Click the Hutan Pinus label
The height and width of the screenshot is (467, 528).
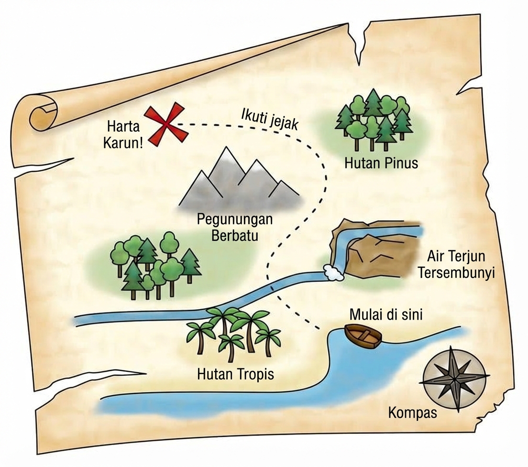[x=381, y=163]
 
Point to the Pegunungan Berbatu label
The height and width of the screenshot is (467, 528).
[x=235, y=227]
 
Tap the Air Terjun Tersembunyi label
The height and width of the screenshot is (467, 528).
[x=456, y=264]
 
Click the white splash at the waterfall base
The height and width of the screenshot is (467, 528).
[x=332, y=272]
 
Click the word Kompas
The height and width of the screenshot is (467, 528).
[x=412, y=412]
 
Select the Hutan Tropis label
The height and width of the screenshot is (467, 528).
[x=236, y=374]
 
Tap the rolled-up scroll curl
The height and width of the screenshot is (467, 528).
[x=42, y=115]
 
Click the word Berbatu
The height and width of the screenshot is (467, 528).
[x=235, y=235]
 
